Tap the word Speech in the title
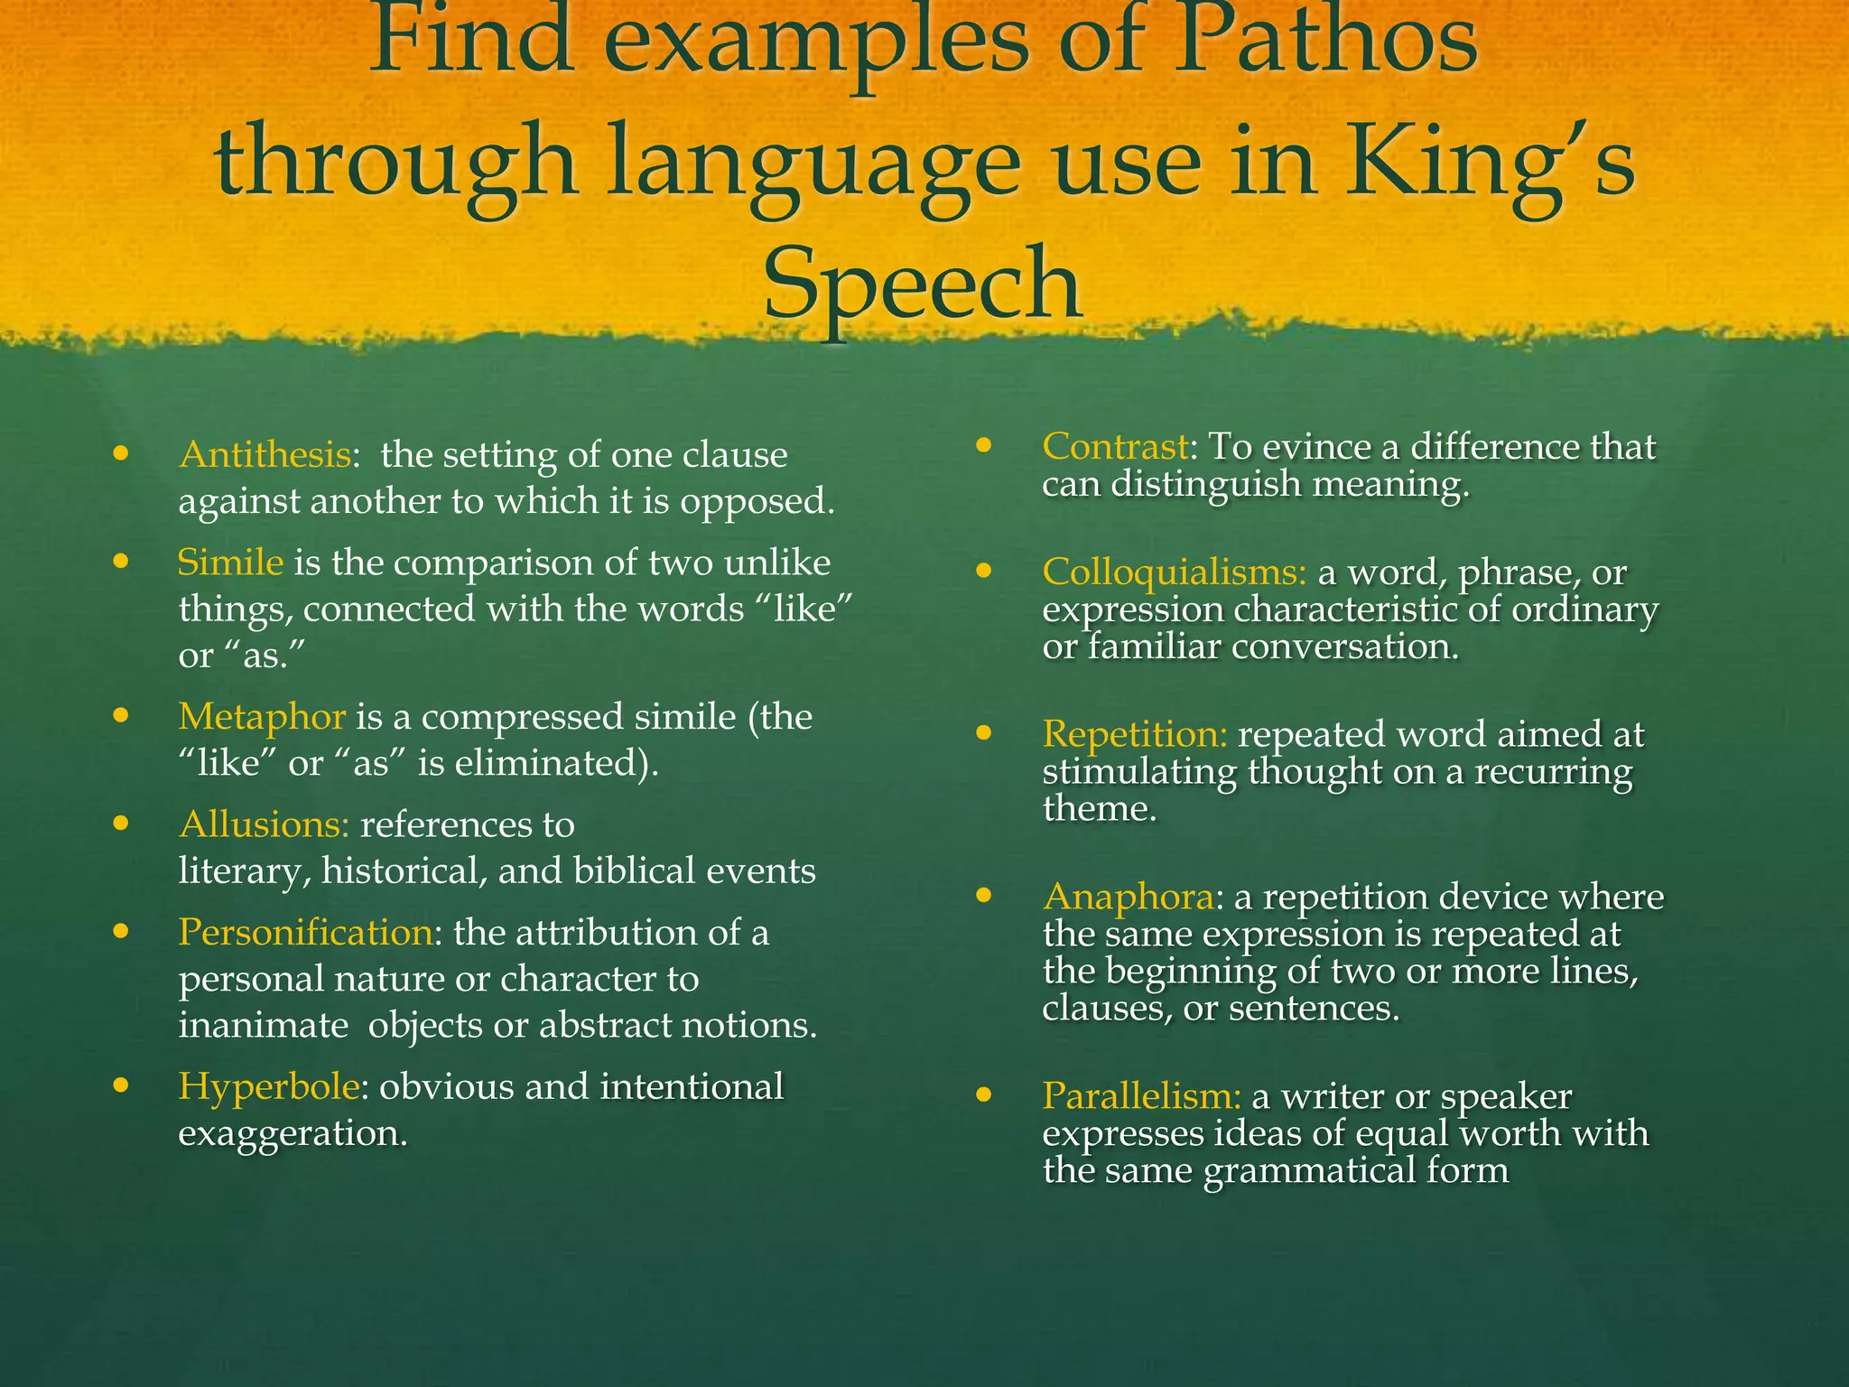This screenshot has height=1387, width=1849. click(x=923, y=284)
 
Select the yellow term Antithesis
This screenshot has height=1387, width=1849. click(x=265, y=455)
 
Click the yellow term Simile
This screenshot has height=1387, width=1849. click(x=230, y=563)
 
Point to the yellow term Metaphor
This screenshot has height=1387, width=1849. click(x=262, y=717)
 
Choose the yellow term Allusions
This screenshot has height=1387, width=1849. click(x=264, y=824)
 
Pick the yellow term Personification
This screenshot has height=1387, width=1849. click(x=305, y=932)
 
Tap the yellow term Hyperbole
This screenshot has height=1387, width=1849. click(x=269, y=1086)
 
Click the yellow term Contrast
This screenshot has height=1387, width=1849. click(x=1114, y=446)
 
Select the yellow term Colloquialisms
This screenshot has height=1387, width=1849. click(x=1174, y=572)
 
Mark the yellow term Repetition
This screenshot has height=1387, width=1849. click(x=1135, y=734)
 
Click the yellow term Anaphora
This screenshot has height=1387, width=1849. click(x=1128, y=897)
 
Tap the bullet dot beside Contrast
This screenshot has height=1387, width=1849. click(x=984, y=445)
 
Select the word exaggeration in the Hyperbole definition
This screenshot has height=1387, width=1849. click(x=293, y=1132)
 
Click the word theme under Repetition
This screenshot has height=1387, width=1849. click(x=1099, y=808)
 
